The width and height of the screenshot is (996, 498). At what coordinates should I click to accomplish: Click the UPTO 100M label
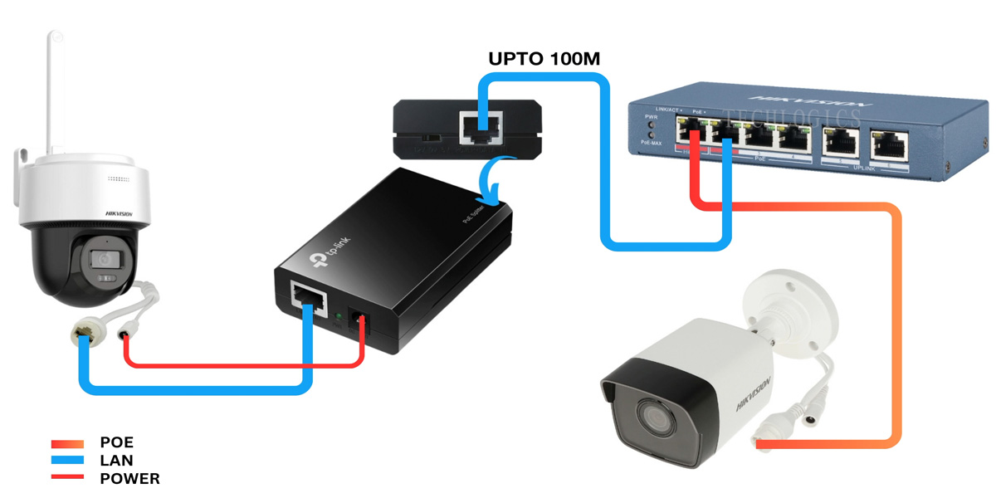[543, 58]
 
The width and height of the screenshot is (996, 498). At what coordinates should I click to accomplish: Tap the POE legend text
[116, 443]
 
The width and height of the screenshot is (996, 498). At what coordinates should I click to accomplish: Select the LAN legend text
[116, 461]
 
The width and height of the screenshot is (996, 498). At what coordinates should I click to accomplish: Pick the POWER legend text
[129, 479]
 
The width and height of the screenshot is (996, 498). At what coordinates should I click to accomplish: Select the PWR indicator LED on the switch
[652, 126]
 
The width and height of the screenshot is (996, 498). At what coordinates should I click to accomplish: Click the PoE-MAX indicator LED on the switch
[652, 135]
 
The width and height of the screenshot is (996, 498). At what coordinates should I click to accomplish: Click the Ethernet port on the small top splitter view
[482, 126]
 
